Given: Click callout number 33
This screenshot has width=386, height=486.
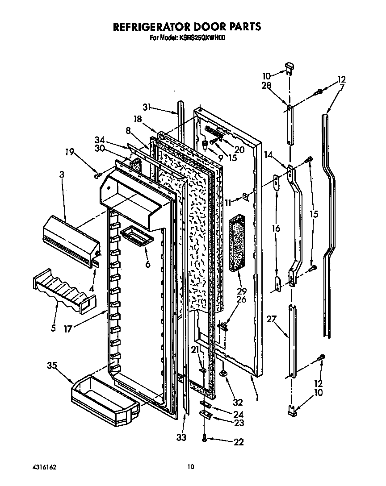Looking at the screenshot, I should click(x=180, y=437).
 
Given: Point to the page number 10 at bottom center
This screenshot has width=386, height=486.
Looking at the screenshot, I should click(x=191, y=467).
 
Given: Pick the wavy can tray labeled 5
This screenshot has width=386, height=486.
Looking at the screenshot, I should click(x=63, y=290).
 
